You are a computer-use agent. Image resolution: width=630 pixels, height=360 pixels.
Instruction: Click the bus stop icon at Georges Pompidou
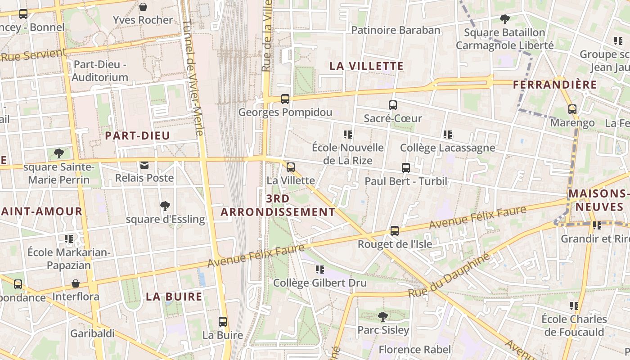(285, 99)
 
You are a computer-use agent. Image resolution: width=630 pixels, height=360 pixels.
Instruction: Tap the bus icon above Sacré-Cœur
(393, 105)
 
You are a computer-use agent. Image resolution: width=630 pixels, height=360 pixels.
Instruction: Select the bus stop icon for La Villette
(291, 167)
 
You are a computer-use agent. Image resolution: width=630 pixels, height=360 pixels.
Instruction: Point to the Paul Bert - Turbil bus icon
(406, 168)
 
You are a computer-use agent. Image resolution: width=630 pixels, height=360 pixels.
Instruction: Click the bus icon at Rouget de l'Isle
(395, 231)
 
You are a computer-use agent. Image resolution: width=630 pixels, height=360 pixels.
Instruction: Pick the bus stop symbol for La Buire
(223, 322)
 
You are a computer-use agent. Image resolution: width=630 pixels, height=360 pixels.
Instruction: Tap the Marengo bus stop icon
(572, 109)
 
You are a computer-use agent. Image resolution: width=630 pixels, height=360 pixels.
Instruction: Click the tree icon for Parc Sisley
(383, 317)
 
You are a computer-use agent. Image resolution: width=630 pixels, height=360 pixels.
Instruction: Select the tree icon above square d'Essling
(165, 206)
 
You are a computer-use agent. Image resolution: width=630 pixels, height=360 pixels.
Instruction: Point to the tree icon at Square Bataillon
(505, 19)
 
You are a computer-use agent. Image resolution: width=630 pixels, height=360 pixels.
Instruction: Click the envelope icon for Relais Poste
(144, 165)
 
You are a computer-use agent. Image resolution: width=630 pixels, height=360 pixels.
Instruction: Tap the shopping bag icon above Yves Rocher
(143, 7)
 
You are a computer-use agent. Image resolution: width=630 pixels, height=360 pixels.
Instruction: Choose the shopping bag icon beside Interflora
(76, 284)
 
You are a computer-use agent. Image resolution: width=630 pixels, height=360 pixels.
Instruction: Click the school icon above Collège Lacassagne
(448, 134)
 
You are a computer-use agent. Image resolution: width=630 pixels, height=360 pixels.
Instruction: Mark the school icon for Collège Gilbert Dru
(320, 270)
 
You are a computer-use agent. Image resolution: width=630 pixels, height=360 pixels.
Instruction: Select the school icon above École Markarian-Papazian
(69, 238)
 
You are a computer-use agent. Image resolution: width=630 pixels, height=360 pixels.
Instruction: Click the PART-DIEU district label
(137, 135)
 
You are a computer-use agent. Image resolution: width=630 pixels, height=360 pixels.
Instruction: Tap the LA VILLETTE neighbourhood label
(367, 66)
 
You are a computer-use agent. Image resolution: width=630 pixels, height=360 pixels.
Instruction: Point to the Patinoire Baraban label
(396, 30)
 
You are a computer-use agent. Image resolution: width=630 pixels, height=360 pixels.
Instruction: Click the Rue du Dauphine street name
(449, 275)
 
